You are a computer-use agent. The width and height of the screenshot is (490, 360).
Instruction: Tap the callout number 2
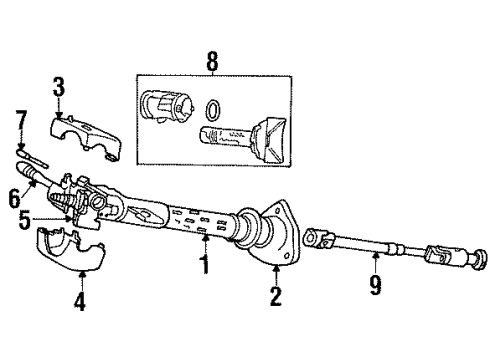[x=276, y=296]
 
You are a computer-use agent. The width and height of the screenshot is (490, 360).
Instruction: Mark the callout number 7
[x=19, y=123]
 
